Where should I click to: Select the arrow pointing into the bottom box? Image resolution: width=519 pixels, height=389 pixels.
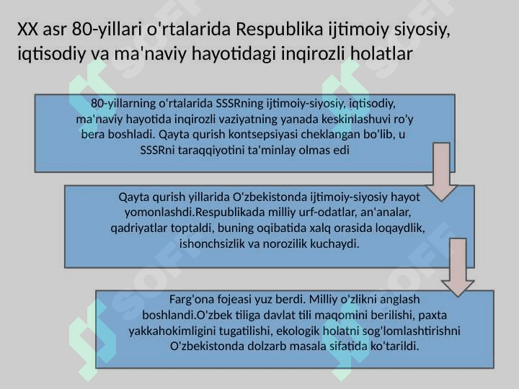click(458, 267)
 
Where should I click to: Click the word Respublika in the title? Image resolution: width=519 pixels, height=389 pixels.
click(280, 29)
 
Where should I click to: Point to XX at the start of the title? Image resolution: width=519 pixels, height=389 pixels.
click(27, 29)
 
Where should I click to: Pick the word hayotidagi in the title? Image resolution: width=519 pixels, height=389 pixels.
click(234, 53)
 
